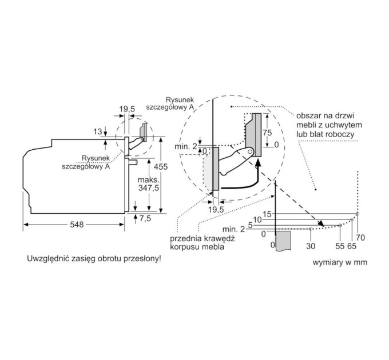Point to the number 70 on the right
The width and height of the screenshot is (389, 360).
(x=360, y=236)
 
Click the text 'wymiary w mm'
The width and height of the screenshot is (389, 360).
(x=340, y=262)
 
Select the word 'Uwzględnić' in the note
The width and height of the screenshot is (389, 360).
(x=47, y=258)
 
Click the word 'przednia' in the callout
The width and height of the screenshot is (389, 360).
(x=185, y=239)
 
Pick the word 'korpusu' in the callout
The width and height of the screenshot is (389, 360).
(x=185, y=247)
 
